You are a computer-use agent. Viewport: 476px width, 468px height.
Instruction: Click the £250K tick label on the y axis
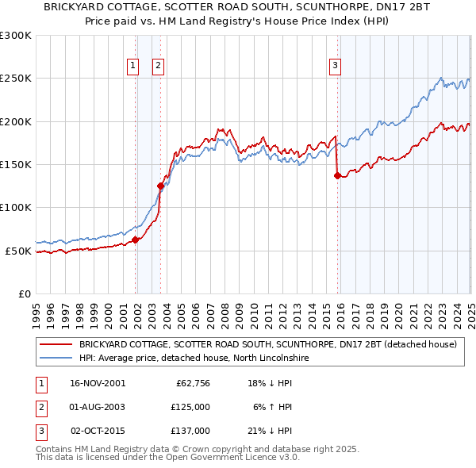(16, 79)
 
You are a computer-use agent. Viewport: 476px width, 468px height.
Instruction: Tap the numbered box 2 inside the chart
(159, 66)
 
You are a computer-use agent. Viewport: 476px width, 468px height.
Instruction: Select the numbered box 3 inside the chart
(335, 66)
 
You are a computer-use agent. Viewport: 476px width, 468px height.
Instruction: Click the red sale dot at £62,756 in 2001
(136, 240)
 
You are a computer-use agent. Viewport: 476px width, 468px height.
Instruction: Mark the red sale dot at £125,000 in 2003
(160, 186)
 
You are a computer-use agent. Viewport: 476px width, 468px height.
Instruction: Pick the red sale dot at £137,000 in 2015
(337, 175)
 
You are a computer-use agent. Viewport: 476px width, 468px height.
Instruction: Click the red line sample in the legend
(56, 345)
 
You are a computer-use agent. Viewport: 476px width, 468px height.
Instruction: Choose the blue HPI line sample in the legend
(56, 358)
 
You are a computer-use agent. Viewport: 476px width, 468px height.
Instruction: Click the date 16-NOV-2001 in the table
(97, 383)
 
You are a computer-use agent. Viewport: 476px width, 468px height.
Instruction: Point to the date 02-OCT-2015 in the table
(98, 431)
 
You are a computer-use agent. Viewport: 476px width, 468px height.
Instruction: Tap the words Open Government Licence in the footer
(232, 457)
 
